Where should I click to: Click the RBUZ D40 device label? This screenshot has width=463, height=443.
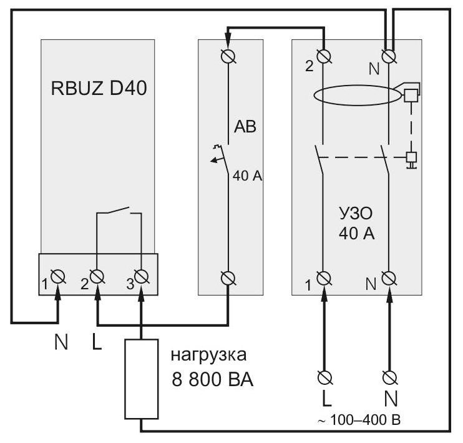pyautogui.click(x=99, y=88)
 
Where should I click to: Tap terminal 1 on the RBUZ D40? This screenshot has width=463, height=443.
pyautogui.click(x=58, y=277)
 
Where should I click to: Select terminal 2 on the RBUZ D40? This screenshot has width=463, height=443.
pyautogui.click(x=97, y=277)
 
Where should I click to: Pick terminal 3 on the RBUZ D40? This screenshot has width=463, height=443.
pyautogui.click(x=141, y=277)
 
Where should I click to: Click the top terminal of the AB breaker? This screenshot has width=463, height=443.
pyautogui.click(x=228, y=56)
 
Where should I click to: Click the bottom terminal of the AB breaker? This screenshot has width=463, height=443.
pyautogui.click(x=228, y=278)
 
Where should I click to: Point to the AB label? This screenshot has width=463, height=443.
pyautogui.click(x=245, y=127)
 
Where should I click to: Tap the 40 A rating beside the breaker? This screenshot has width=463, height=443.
pyautogui.click(x=247, y=176)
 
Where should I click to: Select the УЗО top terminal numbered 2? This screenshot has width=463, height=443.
pyautogui.click(x=324, y=56)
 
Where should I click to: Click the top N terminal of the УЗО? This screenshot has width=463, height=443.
pyautogui.click(x=389, y=56)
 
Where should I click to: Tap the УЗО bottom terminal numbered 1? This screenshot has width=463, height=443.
pyautogui.click(x=324, y=278)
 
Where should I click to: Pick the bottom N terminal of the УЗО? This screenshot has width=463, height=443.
pyautogui.click(x=389, y=278)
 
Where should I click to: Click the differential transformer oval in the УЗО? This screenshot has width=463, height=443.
pyautogui.click(x=358, y=86)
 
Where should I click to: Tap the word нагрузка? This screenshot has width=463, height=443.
pyautogui.click(x=208, y=356)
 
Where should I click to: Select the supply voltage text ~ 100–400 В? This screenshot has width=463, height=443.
pyautogui.click(x=359, y=420)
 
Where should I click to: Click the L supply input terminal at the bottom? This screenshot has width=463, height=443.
pyautogui.click(x=325, y=377)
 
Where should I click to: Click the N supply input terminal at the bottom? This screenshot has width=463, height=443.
pyautogui.click(x=390, y=377)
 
